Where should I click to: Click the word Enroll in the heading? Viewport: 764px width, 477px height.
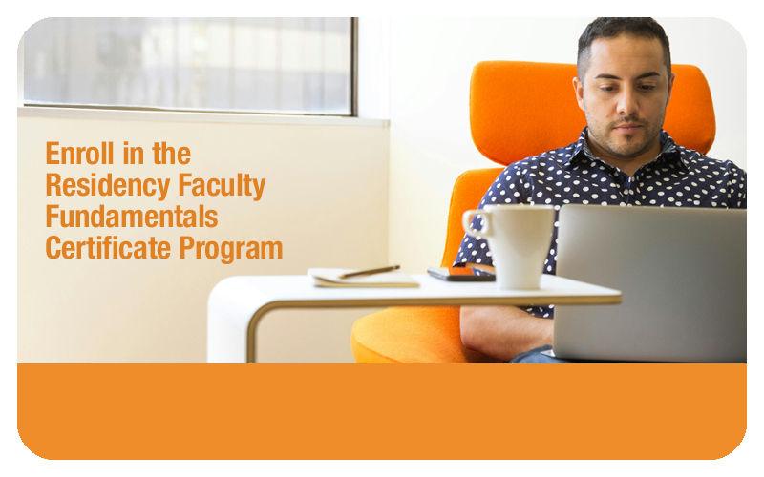pos(80,154)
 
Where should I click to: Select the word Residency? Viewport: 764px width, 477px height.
pos(108,186)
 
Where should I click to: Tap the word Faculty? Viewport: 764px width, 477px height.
pos(222,186)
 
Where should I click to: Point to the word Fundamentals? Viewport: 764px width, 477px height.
pos(132,217)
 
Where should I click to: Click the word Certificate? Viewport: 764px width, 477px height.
pos(108,248)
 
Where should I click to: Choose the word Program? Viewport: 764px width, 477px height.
pos(231,249)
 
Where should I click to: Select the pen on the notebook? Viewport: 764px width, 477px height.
pos(370,272)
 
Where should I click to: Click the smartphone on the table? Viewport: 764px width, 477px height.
pos(461,274)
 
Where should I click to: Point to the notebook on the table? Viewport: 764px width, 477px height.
pos(363,278)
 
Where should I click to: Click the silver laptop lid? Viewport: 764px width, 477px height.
pos(650,283)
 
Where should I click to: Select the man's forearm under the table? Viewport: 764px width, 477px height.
pos(507,332)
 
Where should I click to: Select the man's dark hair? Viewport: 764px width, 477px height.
pos(624,36)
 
